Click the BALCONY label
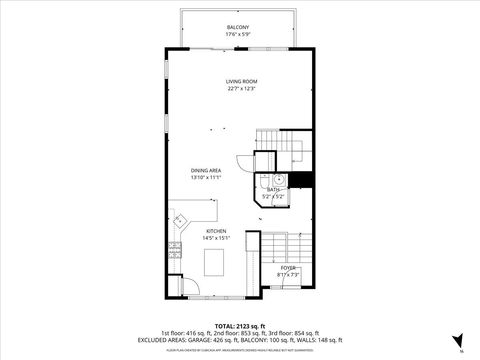(x=239, y=27)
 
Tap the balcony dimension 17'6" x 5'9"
(x=239, y=34)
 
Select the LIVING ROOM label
(x=240, y=81)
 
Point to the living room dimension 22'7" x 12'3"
(x=240, y=88)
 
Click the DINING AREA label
(x=207, y=170)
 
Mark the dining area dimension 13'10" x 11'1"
(x=207, y=177)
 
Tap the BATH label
(x=274, y=189)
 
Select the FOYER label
(x=287, y=267)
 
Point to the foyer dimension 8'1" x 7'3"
(x=287, y=274)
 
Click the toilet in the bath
(x=281, y=180)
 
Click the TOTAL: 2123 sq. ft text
(x=239, y=325)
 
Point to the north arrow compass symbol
(x=458, y=340)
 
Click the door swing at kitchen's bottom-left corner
(x=175, y=287)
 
